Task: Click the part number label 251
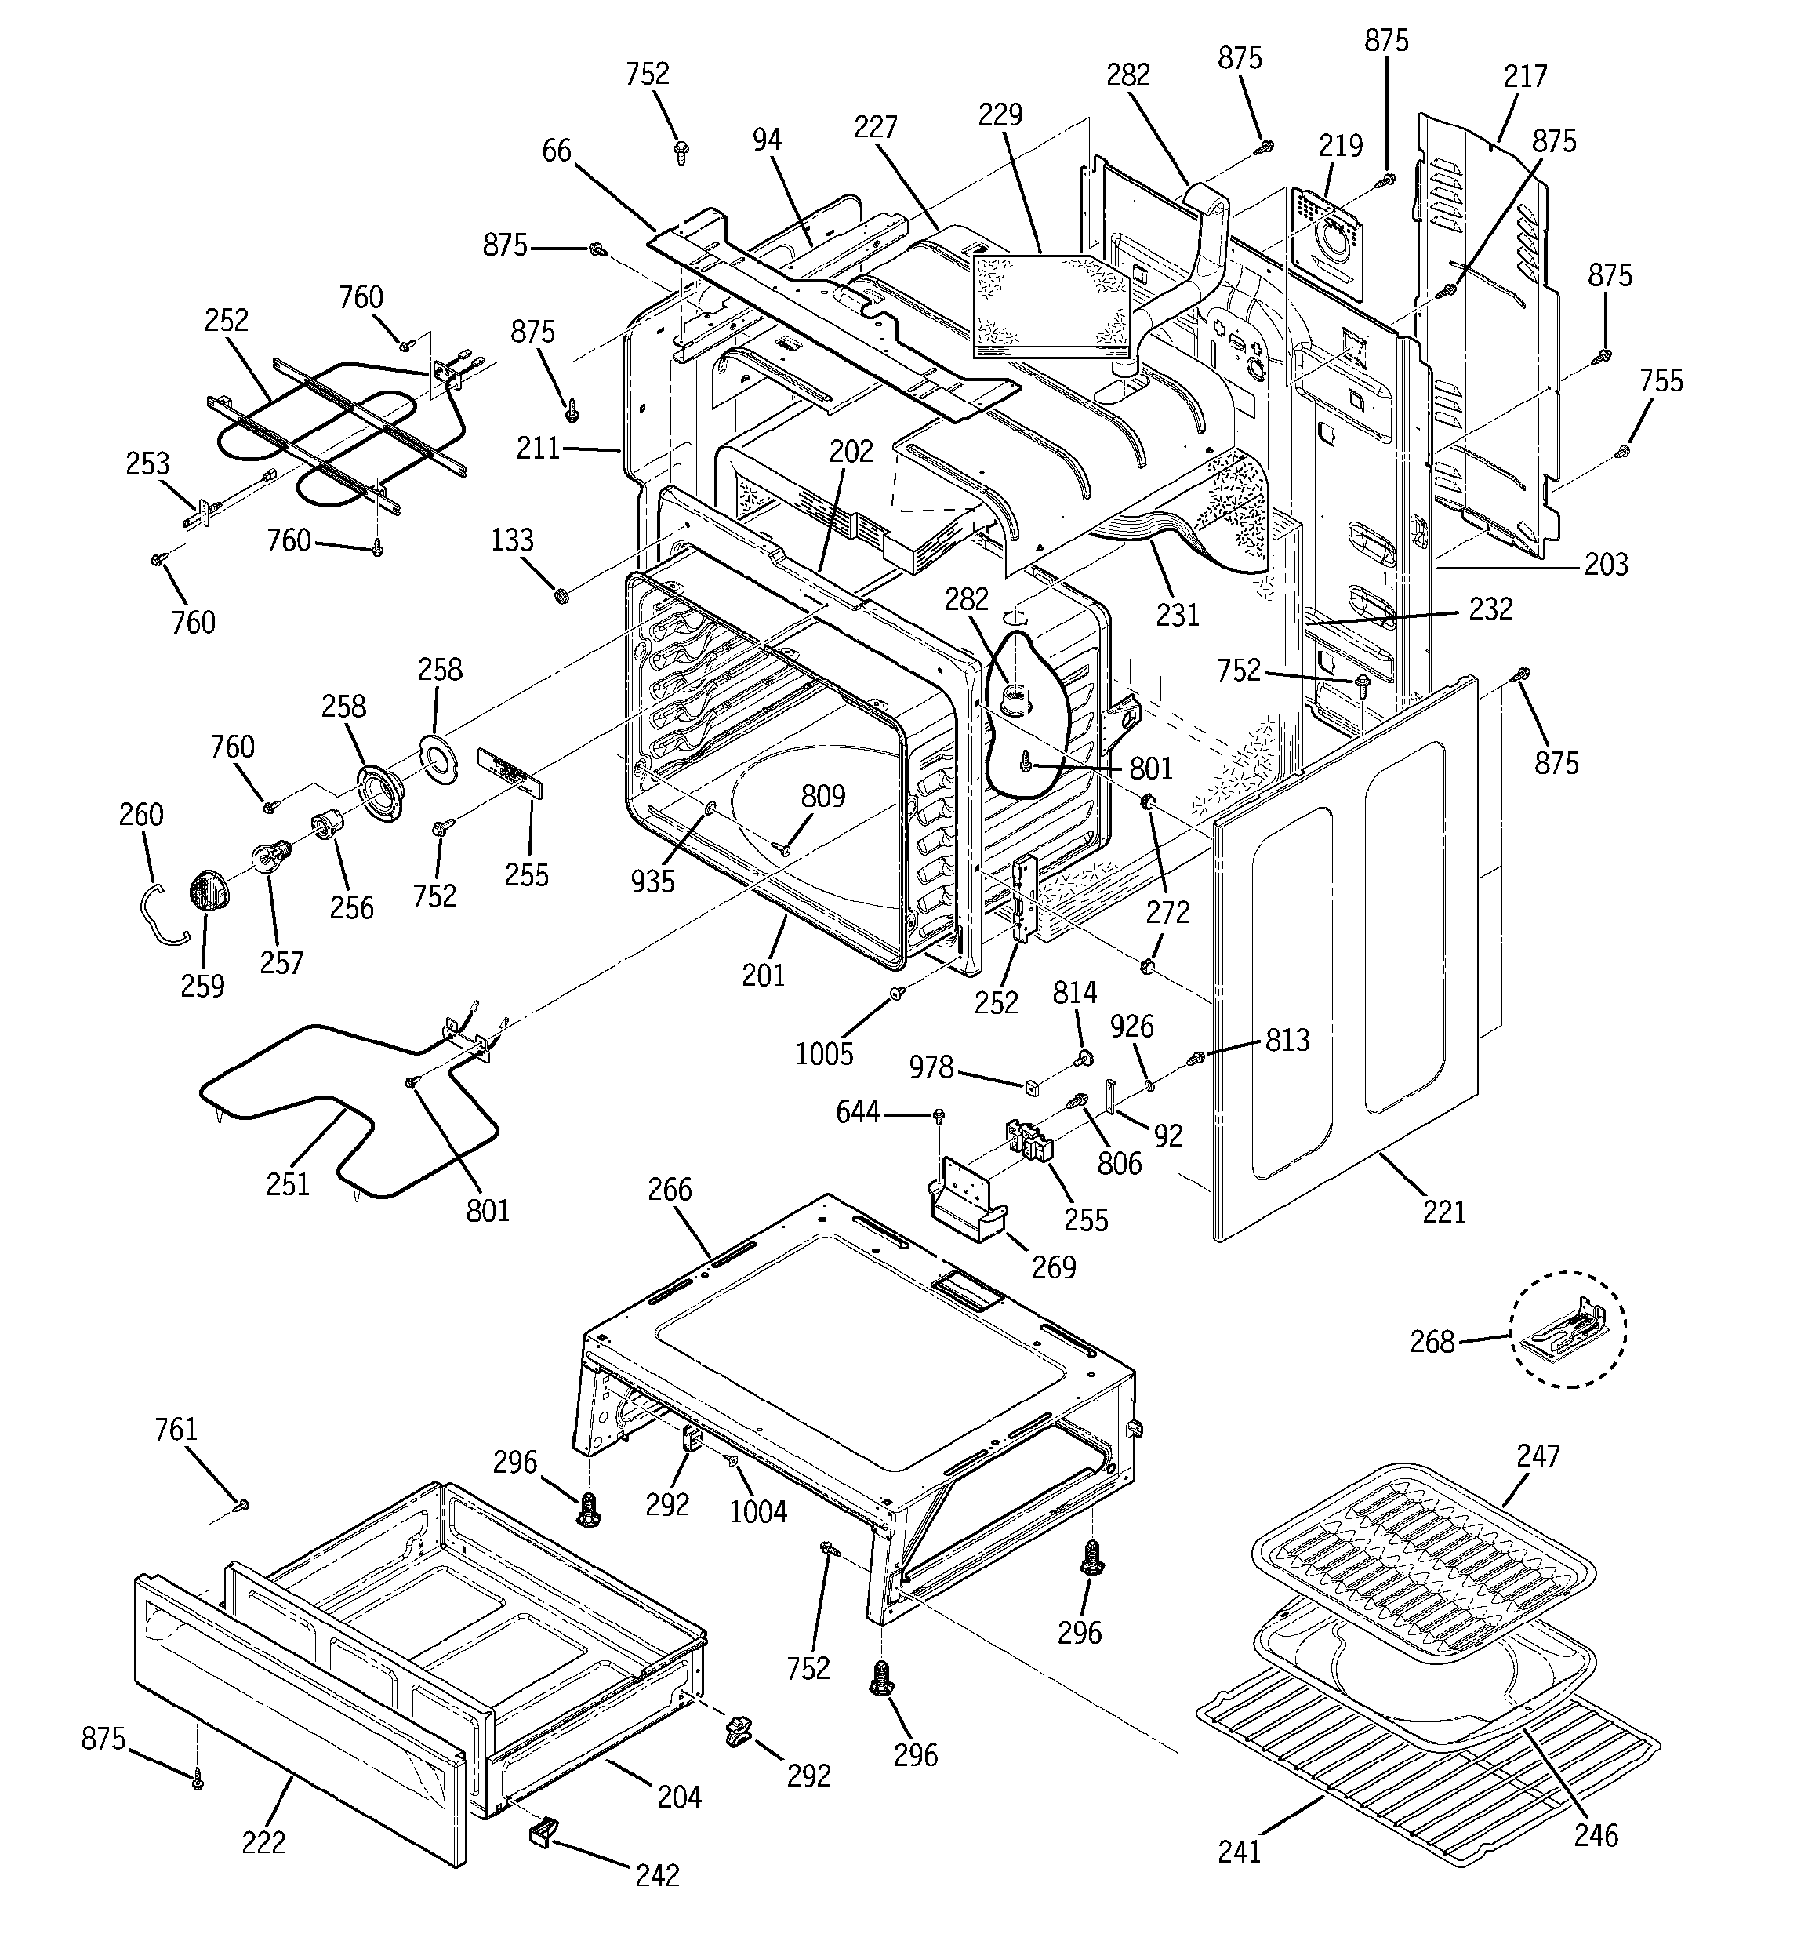pos(287,1184)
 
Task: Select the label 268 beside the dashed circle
pos(1432,1342)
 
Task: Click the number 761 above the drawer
pos(176,1430)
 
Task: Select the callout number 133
pos(512,540)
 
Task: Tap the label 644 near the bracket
pos(857,1112)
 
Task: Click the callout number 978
pos(931,1067)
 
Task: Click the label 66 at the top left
pos(557,151)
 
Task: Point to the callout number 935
pos(652,881)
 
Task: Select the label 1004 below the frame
pos(757,1511)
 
